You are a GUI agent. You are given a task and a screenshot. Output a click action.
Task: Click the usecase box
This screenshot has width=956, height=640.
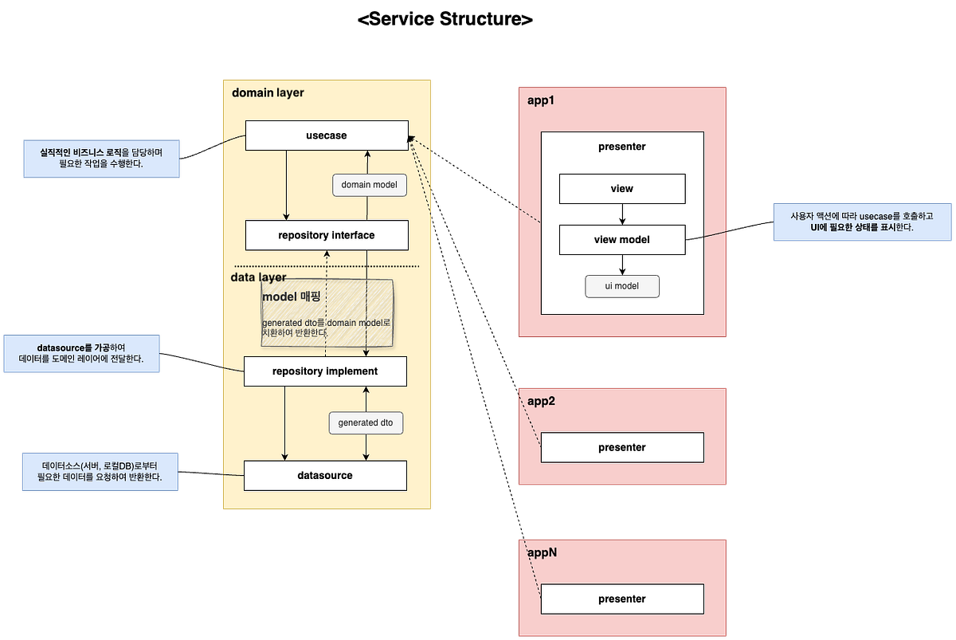tap(326, 135)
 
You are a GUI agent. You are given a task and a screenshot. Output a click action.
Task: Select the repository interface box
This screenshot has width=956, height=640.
tap(326, 235)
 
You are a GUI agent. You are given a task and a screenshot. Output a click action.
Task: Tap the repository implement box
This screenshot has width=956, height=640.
tap(325, 371)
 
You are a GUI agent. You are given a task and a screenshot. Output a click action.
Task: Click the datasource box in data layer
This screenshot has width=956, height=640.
tap(325, 475)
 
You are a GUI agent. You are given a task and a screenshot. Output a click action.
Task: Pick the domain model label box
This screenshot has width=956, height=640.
tap(369, 185)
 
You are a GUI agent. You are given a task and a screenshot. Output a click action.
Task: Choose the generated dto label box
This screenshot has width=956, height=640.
tap(366, 422)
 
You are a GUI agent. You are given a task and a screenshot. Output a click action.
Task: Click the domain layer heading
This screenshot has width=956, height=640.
tap(268, 92)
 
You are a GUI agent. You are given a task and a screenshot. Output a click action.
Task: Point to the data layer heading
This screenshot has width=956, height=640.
tap(258, 277)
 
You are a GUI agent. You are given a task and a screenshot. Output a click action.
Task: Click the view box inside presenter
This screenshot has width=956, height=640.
tap(621, 189)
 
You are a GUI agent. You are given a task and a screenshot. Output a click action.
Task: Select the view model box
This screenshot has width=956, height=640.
tap(621, 240)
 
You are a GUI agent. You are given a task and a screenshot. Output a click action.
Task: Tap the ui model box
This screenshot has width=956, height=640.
tap(621, 286)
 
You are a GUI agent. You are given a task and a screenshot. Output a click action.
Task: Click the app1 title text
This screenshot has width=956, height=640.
tap(540, 100)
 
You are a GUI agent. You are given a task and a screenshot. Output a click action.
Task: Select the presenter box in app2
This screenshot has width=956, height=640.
tap(621, 447)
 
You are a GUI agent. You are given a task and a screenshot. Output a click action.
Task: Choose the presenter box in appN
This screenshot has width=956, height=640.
tap(621, 599)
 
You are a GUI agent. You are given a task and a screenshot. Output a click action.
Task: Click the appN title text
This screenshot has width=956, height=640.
tap(542, 552)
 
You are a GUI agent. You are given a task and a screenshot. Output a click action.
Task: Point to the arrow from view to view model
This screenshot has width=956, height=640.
tap(622, 214)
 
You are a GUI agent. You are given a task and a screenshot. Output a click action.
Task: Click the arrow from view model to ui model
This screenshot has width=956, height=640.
tap(622, 265)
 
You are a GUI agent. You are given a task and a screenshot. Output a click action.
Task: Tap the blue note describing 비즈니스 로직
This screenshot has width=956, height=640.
tap(102, 158)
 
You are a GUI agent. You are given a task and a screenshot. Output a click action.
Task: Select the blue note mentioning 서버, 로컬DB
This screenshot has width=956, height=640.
tap(100, 471)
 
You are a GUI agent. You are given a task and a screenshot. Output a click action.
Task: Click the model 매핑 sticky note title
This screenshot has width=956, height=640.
tap(291, 296)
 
